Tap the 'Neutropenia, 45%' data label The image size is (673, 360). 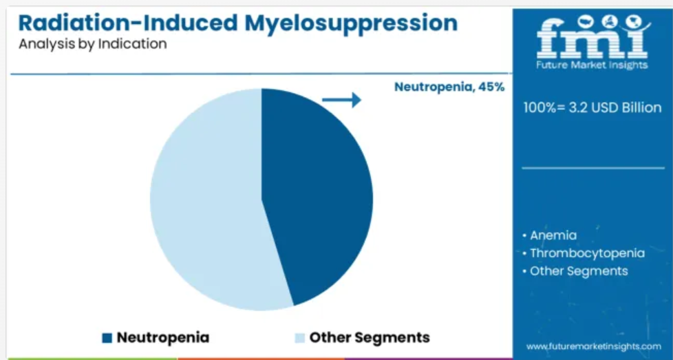click(x=449, y=87)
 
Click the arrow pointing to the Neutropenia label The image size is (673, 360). click(x=341, y=100)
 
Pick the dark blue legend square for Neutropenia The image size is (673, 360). click(x=107, y=338)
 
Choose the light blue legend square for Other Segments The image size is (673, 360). click(x=300, y=338)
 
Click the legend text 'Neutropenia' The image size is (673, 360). click(x=163, y=338)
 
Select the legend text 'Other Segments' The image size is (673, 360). click(x=370, y=338)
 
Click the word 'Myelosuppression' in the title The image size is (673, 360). click(x=351, y=24)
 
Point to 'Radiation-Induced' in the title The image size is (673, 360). click(x=128, y=23)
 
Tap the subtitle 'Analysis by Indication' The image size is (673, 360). click(x=93, y=44)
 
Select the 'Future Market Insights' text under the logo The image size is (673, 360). click(x=592, y=65)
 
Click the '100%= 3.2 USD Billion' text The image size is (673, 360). click(x=592, y=107)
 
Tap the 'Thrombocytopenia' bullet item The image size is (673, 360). click(x=584, y=253)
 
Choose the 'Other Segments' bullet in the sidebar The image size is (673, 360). click(x=575, y=271)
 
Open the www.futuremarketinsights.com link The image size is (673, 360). click(x=594, y=346)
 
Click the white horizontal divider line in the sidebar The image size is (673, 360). click(x=592, y=168)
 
